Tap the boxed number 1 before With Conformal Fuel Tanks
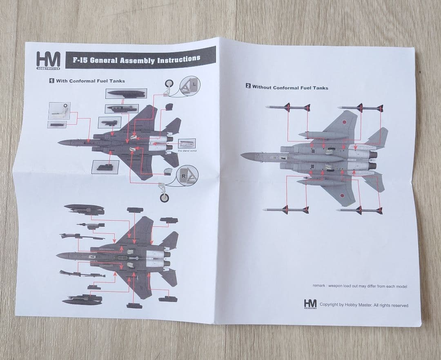click(x=52, y=80)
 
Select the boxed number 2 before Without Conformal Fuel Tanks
click(x=248, y=86)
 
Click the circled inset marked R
click(x=187, y=176)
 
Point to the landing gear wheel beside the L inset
click(x=169, y=85)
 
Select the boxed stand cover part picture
click(x=187, y=143)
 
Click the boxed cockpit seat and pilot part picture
click(x=59, y=111)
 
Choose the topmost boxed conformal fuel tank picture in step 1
click(x=126, y=94)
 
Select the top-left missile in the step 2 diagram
click(x=287, y=107)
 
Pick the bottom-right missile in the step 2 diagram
click(x=360, y=210)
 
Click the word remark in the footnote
click(x=319, y=286)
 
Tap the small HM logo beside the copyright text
click(x=310, y=304)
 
